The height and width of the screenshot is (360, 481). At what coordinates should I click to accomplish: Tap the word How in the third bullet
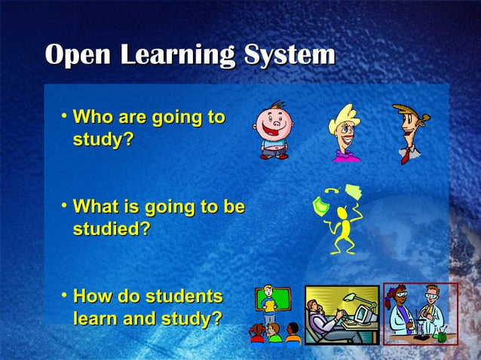(91, 296)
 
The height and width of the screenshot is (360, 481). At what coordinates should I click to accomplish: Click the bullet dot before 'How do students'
(66, 294)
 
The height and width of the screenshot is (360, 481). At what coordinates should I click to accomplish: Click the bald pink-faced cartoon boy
(271, 128)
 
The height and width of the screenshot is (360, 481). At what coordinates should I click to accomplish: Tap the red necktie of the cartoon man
(406, 155)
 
